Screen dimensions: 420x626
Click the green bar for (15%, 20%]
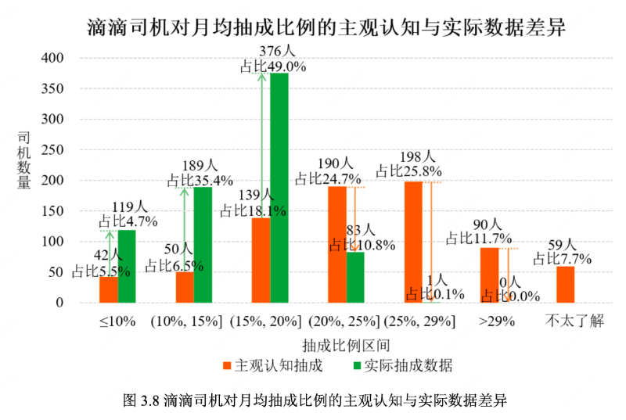coord(279,188)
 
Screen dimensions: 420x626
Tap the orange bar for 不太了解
coord(565,285)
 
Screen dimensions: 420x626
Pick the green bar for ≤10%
coord(127,266)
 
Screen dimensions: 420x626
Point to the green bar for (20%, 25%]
coord(355,277)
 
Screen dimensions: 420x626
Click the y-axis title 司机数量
coord(25,160)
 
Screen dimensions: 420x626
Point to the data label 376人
coord(278,52)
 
